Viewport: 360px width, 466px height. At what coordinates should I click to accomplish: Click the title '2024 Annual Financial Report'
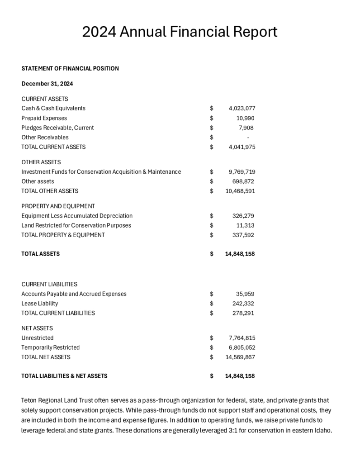[x=180, y=32]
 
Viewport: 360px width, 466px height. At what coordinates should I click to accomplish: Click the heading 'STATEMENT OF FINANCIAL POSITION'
[x=70, y=69]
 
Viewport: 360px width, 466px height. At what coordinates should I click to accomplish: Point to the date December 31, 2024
[x=47, y=84]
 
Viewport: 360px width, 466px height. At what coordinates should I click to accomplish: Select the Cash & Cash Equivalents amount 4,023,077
[x=242, y=109]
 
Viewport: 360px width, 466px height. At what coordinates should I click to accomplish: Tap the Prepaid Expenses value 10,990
[x=246, y=118]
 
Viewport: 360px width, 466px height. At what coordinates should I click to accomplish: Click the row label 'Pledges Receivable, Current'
[x=57, y=128]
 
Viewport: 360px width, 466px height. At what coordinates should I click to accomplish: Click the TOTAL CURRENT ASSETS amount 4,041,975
[x=242, y=147]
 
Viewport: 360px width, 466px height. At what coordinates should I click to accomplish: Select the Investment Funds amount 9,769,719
[x=242, y=172]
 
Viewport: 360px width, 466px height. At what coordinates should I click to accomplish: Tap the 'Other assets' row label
[x=38, y=181]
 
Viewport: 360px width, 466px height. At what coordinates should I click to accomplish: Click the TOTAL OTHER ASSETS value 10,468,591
[x=240, y=191]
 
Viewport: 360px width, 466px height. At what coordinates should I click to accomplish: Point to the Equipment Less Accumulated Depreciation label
[x=77, y=216]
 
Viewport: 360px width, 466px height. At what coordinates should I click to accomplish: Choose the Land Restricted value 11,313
[x=246, y=225]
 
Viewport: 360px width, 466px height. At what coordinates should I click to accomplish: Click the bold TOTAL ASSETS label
[x=40, y=254]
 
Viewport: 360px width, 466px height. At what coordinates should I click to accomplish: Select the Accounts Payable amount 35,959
[x=246, y=294]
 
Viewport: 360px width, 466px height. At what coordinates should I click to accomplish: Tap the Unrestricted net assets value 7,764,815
[x=242, y=338]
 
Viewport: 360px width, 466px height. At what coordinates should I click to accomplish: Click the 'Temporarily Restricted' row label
[x=50, y=347]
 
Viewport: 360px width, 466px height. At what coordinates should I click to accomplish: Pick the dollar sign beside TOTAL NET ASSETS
[x=212, y=357]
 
